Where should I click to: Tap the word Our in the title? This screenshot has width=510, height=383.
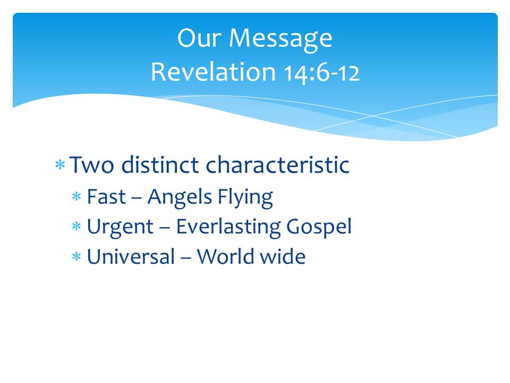coord(199,38)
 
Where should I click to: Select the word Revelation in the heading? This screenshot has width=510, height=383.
coord(214,72)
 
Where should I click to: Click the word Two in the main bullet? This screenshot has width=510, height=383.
coord(92,165)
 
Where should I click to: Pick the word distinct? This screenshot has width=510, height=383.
coord(160,164)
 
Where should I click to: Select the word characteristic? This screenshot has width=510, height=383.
coord(277,164)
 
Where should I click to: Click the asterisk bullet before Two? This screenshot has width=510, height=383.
coord(60,164)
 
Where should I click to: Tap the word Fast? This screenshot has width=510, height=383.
coord(106,197)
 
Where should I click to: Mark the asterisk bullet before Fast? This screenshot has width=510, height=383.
coord(76,196)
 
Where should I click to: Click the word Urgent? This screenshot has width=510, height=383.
coord(121,227)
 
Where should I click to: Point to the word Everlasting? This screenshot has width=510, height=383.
coord(228,227)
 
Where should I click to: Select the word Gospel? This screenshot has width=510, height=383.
coord(319,227)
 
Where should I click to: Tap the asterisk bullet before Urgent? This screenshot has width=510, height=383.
coord(76,226)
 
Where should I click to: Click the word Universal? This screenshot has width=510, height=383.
coord(131,256)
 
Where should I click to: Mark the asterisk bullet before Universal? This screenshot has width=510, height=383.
coord(76,256)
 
